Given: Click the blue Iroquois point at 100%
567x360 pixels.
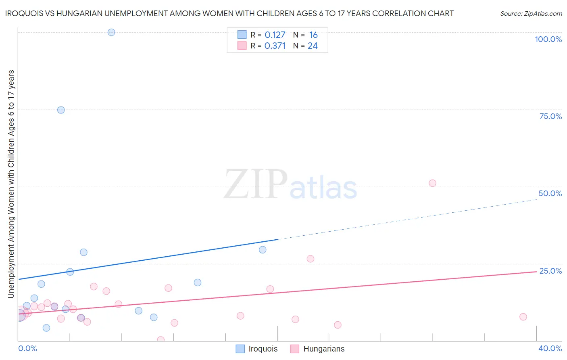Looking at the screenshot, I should (x=111, y=32).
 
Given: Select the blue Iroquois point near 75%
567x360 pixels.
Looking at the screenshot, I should (x=61, y=110).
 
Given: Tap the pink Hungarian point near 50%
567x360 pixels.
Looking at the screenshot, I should (x=432, y=183).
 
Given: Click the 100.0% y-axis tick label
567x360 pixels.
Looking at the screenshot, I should (x=548, y=39).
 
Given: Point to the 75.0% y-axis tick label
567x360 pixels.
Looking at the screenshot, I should (x=550, y=116).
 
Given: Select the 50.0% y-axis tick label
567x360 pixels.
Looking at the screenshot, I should (x=550, y=193).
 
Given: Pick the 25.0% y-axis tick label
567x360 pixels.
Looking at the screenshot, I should (x=550, y=271).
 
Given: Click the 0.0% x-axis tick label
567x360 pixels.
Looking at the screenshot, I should (x=27, y=348).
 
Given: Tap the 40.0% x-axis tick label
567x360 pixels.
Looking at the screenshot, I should (x=550, y=348).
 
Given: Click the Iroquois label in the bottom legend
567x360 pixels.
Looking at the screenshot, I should (x=263, y=349).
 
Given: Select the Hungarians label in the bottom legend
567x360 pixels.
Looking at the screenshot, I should (x=324, y=349).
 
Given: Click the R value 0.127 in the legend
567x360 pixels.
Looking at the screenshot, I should (x=275, y=35).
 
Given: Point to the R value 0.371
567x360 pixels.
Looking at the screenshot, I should (x=275, y=46).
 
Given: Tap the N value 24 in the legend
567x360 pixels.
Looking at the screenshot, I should (x=313, y=46).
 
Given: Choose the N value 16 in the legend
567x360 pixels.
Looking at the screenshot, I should (x=313, y=35).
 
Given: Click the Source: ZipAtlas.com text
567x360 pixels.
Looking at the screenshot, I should (x=531, y=14).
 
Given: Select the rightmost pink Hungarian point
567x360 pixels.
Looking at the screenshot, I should (x=523, y=317).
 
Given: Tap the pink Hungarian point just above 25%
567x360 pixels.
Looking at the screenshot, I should (x=310, y=259).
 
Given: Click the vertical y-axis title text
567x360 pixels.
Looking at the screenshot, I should (x=11, y=184).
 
